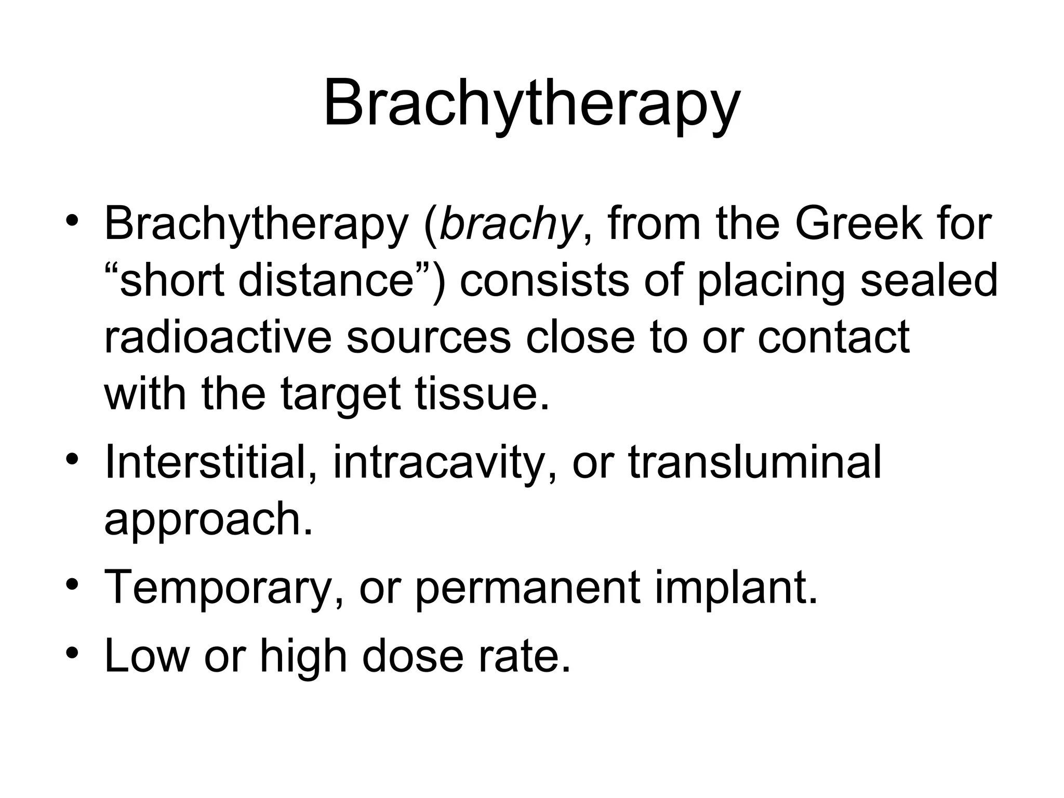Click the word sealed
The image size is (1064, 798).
[x=928, y=281]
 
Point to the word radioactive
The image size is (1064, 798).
[x=218, y=338]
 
